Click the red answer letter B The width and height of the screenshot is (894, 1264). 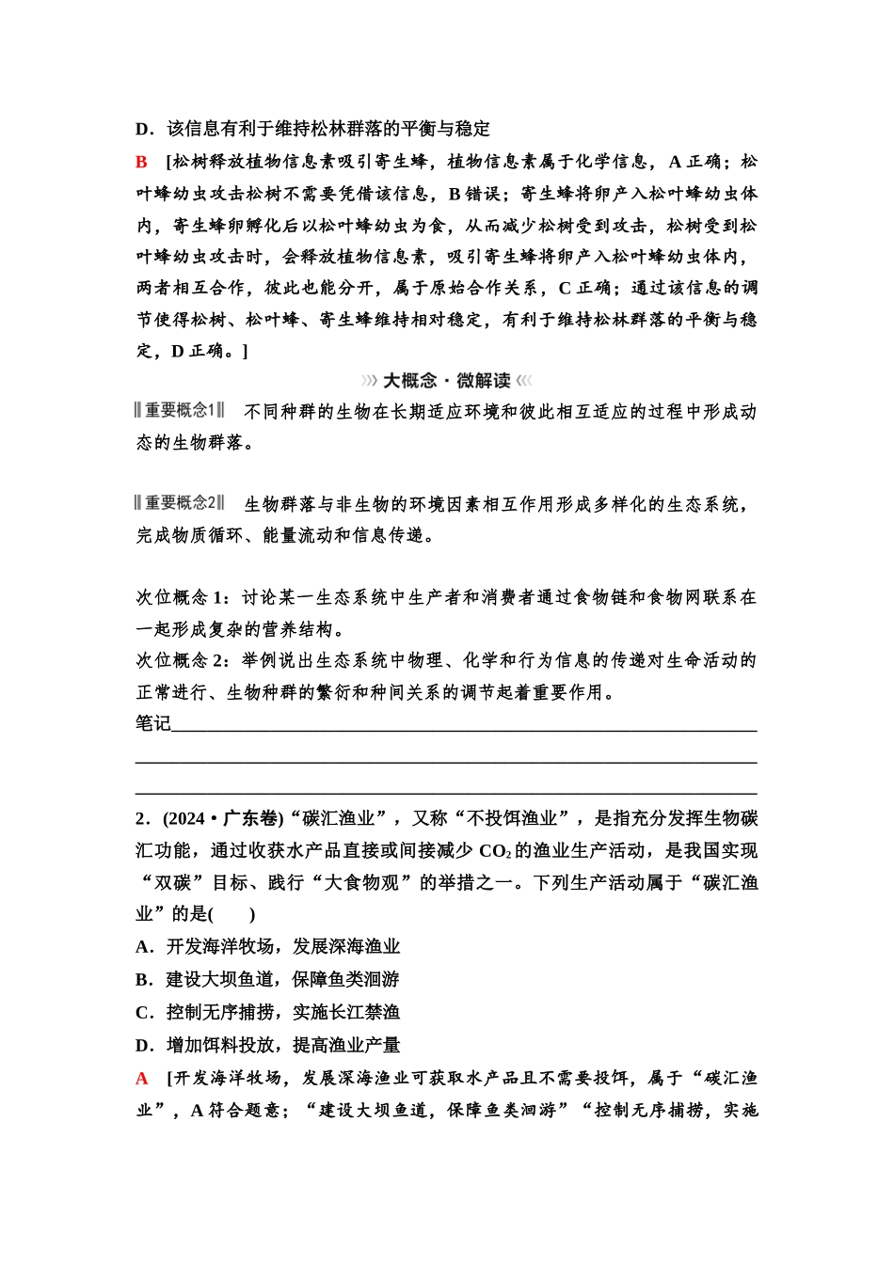click(x=141, y=162)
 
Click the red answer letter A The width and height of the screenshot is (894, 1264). click(x=142, y=1078)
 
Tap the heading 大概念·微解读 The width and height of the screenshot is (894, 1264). click(x=446, y=381)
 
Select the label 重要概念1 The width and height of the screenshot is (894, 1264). click(x=180, y=410)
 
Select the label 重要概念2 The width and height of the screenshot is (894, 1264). click(x=180, y=503)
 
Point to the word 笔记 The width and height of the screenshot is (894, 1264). click(x=153, y=722)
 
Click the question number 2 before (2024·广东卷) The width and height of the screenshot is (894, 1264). click(x=141, y=818)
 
